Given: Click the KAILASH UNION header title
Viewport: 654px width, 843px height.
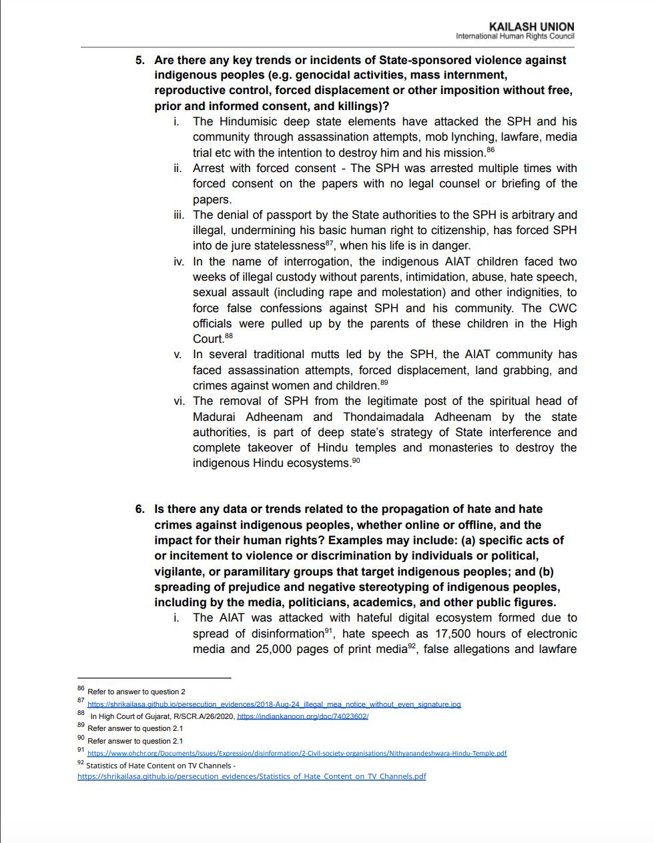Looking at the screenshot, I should [x=531, y=27].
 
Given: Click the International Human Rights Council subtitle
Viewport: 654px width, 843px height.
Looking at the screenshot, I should [x=515, y=36].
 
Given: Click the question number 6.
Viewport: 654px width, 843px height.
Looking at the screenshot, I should [x=139, y=510].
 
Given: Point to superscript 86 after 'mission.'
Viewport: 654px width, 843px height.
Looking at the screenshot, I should [x=490, y=150].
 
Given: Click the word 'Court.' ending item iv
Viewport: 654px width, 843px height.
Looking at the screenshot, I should [x=208, y=339].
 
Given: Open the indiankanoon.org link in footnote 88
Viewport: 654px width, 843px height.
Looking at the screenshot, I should [x=302, y=716].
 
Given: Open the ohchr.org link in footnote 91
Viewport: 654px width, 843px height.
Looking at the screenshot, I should [x=297, y=754].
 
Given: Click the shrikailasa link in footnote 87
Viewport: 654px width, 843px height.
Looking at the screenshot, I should [x=274, y=704].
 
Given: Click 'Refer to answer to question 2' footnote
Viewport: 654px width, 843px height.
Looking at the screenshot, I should [x=136, y=692].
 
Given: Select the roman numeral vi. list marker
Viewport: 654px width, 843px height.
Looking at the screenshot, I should [x=179, y=401].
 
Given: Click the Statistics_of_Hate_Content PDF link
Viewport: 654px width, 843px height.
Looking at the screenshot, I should [x=252, y=776].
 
